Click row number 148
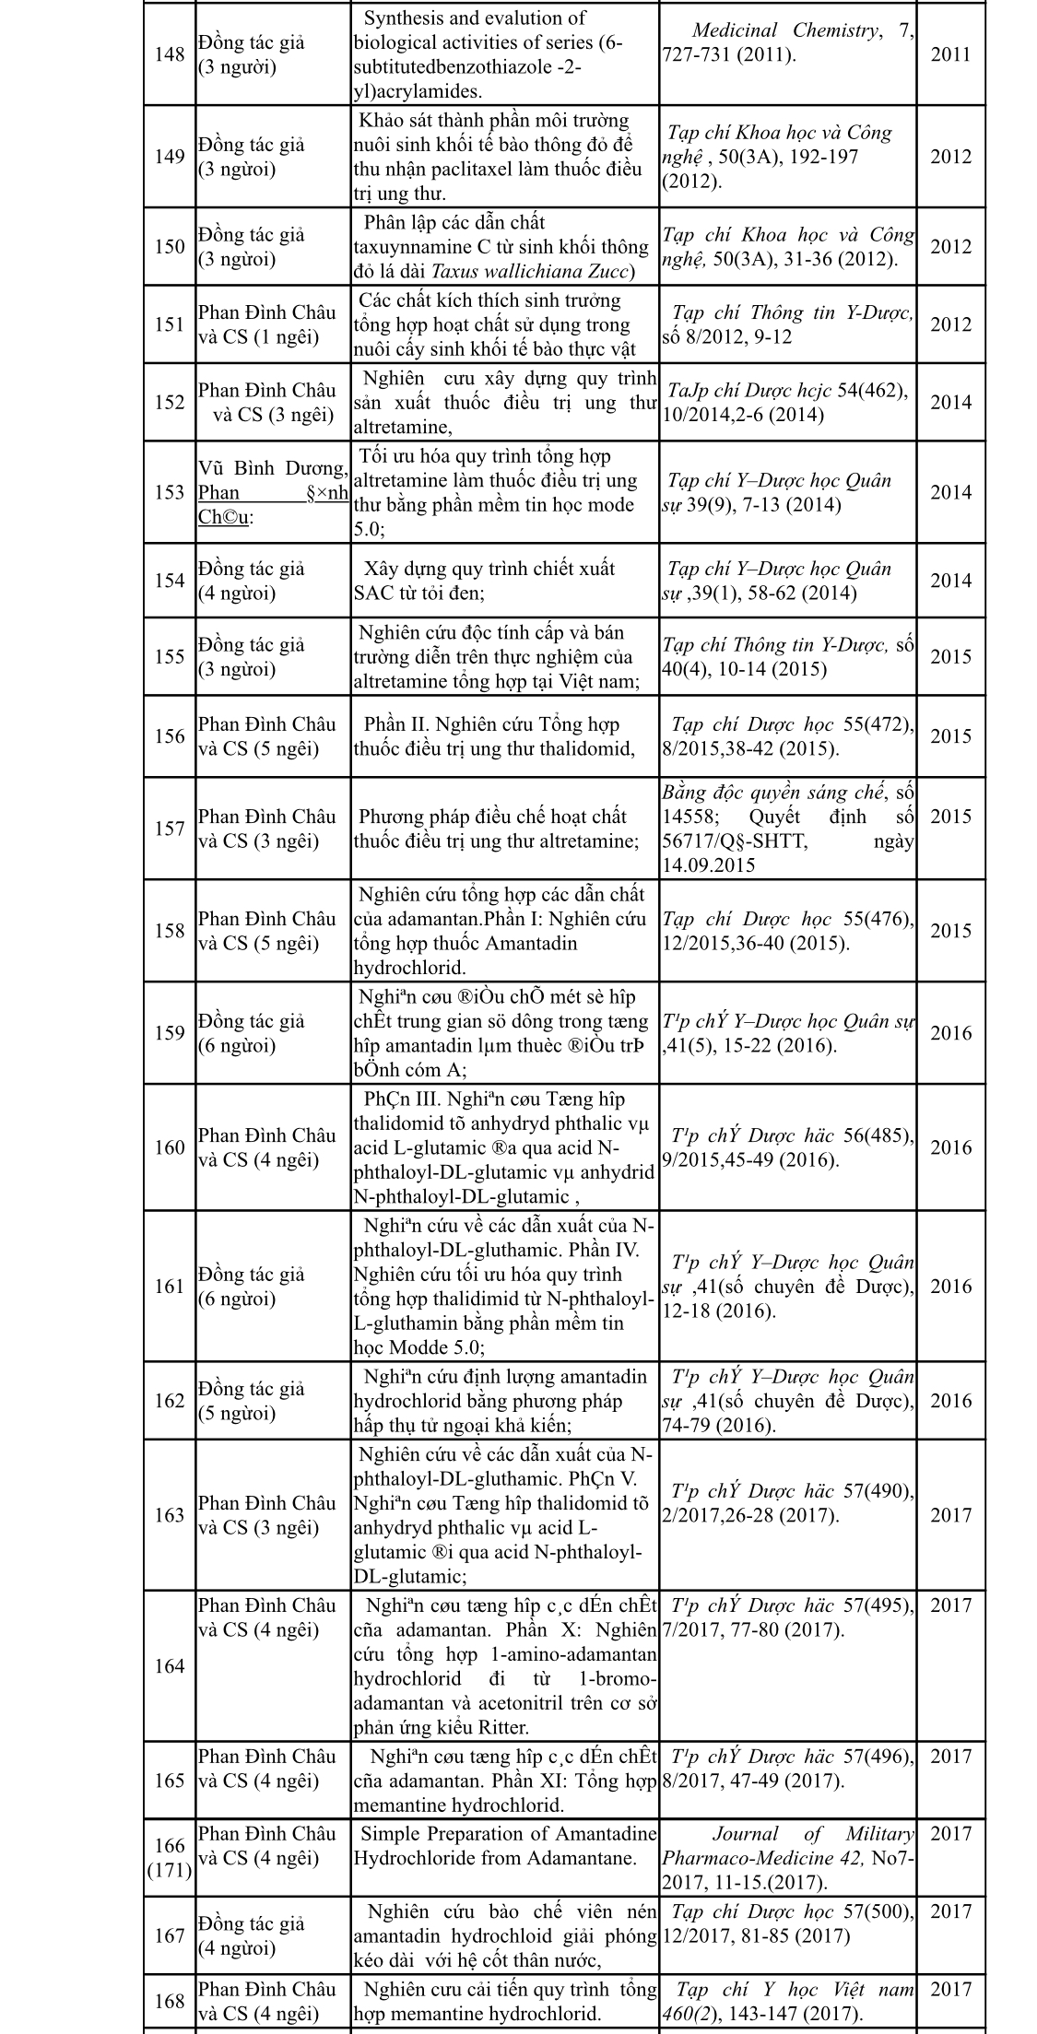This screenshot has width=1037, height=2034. tap(170, 54)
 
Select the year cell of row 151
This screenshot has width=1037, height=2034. tap(950, 324)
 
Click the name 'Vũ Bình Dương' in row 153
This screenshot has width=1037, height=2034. tap(272, 468)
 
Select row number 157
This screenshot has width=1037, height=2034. tap(170, 829)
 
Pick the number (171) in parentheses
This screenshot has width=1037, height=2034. tap(170, 1844)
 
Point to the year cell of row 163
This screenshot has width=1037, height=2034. tap(950, 1515)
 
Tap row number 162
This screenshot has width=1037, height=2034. tap(170, 1401)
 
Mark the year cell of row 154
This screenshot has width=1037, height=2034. tap(950, 581)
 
